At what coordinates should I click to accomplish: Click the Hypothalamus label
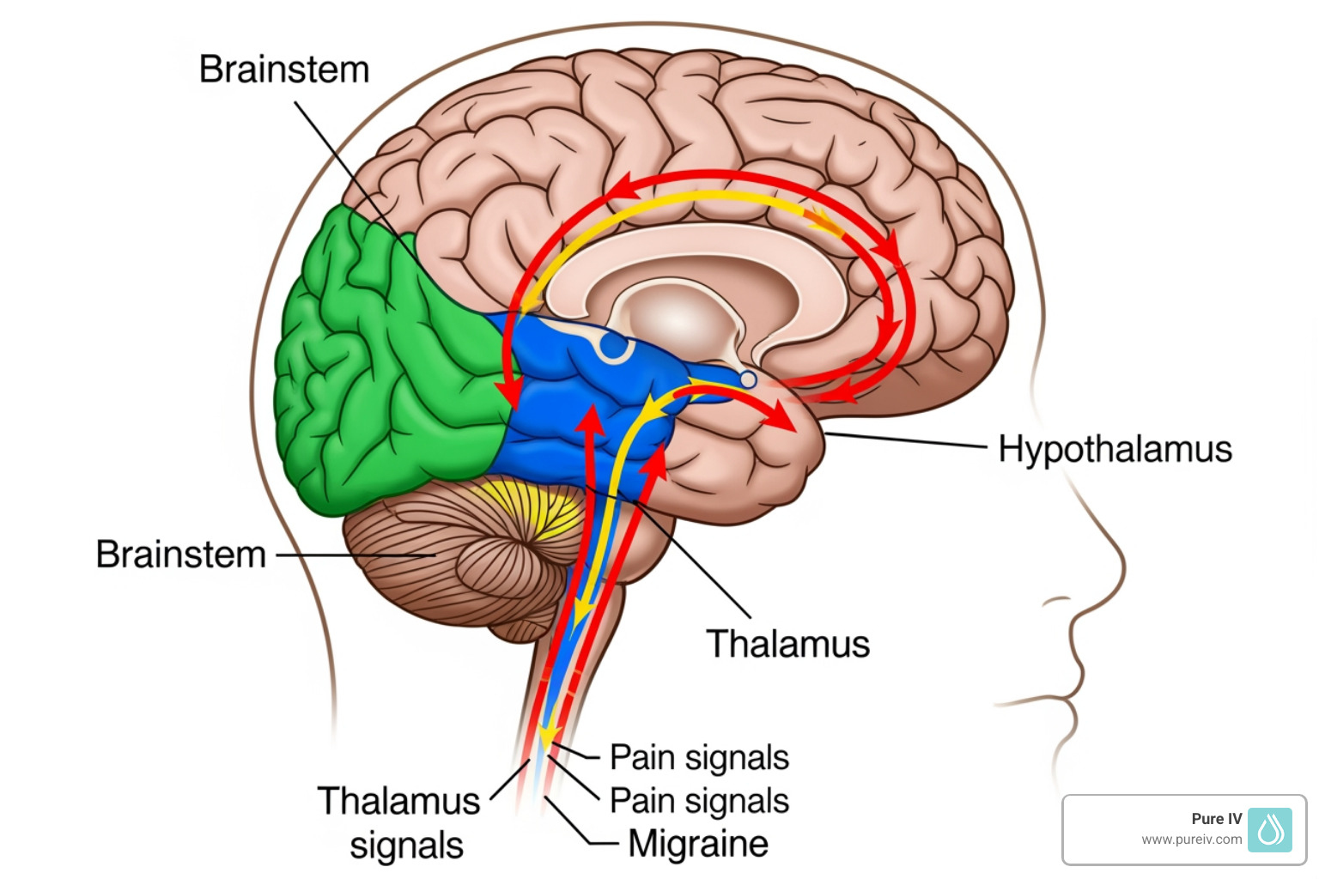click(x=1115, y=449)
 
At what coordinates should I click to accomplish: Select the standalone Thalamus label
click(x=787, y=644)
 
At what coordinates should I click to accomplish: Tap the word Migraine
click(x=697, y=843)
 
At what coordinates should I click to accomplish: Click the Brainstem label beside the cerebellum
click(x=181, y=555)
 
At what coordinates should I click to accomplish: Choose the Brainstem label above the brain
click(x=284, y=70)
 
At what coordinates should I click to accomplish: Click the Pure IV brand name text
click(x=1216, y=819)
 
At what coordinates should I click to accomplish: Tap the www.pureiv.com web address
click(x=1191, y=840)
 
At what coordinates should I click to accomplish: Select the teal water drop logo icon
click(x=1270, y=829)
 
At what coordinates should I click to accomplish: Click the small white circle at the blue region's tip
click(x=748, y=379)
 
